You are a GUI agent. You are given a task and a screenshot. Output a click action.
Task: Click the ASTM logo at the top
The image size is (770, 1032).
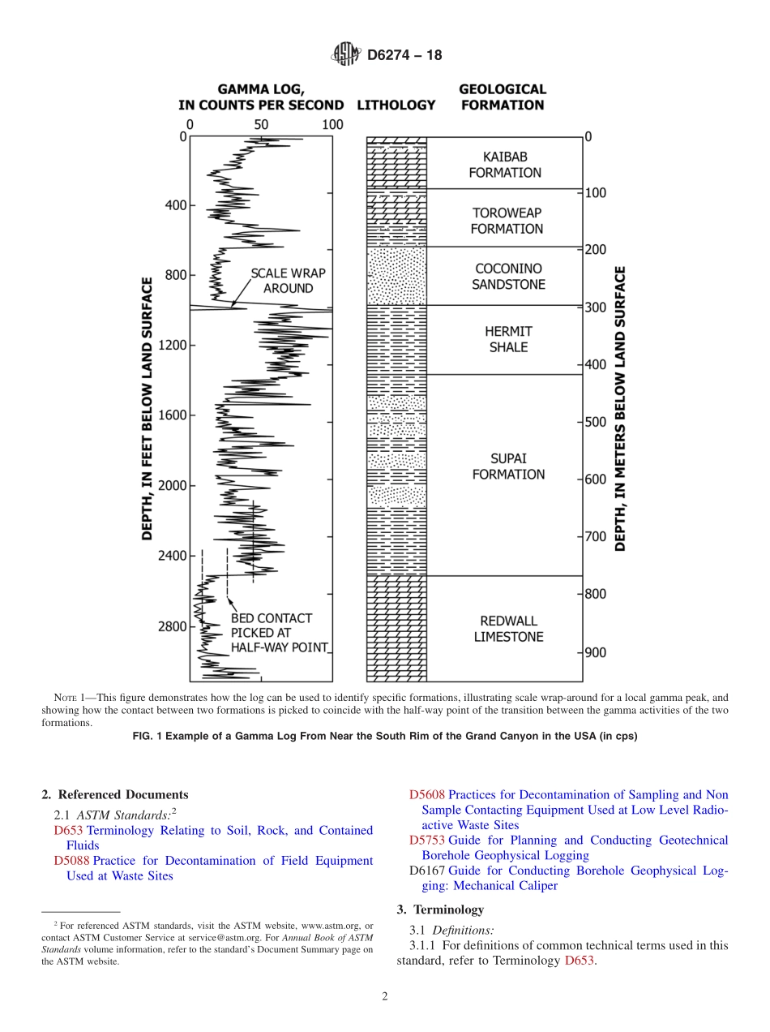346,55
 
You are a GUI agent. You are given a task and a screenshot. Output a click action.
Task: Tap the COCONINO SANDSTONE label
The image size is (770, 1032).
508,277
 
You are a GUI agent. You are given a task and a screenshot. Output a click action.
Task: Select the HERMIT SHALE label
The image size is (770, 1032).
507,339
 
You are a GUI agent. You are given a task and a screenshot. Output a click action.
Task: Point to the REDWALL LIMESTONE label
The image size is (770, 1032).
508,629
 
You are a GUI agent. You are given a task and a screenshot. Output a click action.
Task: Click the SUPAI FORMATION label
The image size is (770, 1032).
508,467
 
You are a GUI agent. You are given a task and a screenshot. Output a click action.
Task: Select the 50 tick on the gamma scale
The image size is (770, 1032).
261,125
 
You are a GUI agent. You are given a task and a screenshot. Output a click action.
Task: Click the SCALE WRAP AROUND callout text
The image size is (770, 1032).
281,281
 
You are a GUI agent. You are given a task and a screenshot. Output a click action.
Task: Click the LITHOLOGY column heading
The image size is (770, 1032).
396,105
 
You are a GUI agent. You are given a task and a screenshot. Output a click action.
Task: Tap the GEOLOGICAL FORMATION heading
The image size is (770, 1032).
503,97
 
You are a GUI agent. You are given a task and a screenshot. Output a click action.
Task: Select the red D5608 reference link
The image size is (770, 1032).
426,795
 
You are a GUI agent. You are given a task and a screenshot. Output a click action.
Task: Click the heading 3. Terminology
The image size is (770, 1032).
440,909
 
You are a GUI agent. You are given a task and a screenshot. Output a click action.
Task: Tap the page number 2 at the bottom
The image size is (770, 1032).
385,997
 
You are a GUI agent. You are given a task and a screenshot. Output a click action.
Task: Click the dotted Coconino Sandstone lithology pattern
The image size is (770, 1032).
396,276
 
